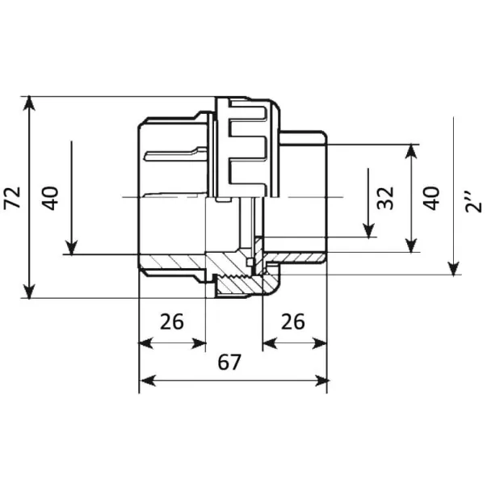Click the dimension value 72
[12, 198]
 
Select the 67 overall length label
[229, 362]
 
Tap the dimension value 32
[385, 198]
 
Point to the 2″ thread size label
[473, 202]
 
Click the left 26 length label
[172, 321]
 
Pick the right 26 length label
[293, 321]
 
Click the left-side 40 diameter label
[50, 198]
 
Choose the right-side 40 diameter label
[431, 198]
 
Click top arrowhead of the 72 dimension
[29, 103]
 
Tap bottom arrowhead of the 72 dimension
[29, 292]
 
